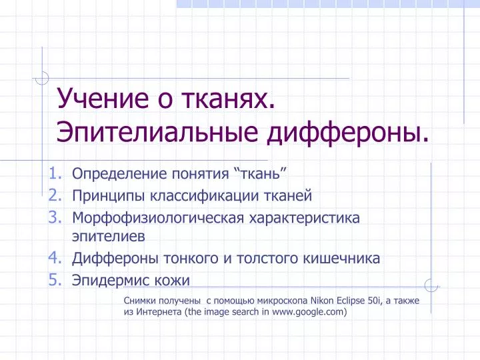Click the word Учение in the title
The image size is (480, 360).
point(103,99)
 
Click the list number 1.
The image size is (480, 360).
point(56,173)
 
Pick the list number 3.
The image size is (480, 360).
point(56,217)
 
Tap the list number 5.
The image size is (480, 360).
point(56,279)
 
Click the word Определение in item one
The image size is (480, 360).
point(119,174)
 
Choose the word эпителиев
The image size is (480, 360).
point(109,236)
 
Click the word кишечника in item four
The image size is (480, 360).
point(341,259)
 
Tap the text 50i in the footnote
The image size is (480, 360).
point(375,301)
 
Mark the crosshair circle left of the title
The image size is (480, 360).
point(42,78)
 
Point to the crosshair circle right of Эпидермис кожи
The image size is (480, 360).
point(431,285)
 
